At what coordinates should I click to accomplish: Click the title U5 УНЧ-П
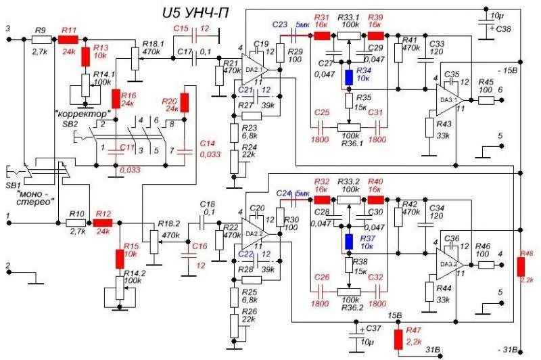click(195, 13)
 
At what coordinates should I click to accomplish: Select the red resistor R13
click(85, 55)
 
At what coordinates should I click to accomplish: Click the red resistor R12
click(103, 222)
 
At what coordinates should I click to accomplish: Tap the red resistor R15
click(120, 257)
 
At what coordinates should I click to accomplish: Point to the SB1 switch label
click(14, 184)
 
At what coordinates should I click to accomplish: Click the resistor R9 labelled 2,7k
click(40, 40)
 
